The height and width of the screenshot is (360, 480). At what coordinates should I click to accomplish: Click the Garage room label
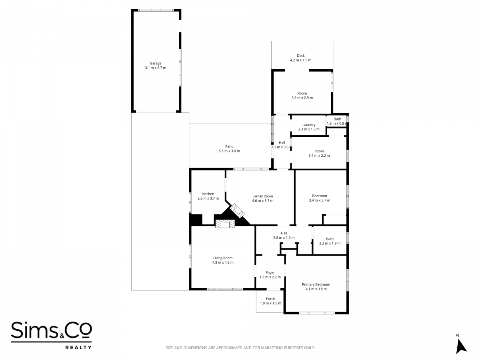pos(156,63)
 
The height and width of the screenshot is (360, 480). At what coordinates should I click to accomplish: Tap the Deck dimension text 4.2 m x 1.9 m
pos(301,60)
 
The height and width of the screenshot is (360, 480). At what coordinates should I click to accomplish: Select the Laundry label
pos(309,125)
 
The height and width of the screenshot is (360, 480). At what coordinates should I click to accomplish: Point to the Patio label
pos(229,146)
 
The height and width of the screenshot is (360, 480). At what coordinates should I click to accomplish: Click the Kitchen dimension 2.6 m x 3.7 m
pos(208,198)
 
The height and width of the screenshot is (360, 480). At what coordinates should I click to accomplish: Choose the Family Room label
pos(263,196)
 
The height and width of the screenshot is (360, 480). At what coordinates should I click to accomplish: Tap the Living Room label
pos(223,258)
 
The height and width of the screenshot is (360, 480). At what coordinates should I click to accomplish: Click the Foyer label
pos(270,273)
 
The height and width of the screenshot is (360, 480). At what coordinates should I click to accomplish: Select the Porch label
pos(270,299)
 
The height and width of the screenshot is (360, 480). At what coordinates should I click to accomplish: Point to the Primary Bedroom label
pos(316,284)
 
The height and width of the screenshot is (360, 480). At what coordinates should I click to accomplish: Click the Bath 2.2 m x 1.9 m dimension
pos(330,244)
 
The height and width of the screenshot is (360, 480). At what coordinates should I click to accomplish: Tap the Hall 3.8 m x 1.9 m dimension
pos(284,238)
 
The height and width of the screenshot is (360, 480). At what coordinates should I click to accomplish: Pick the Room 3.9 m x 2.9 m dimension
pos(302,98)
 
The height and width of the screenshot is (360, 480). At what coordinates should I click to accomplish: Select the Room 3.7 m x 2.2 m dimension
pos(319,156)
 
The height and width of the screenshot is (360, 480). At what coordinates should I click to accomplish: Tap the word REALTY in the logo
pos(78,348)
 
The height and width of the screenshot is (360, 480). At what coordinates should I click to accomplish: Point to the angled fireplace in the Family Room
pos(237,211)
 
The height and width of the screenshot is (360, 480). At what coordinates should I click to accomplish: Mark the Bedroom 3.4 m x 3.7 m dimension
pos(320,200)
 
